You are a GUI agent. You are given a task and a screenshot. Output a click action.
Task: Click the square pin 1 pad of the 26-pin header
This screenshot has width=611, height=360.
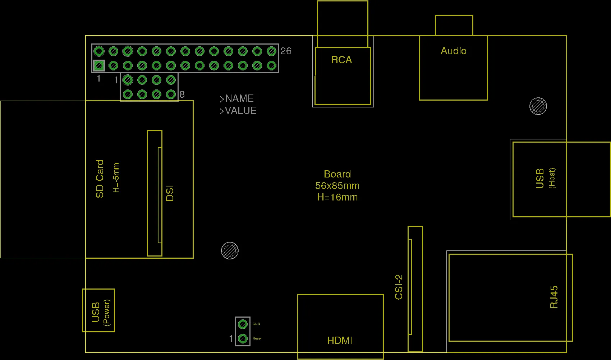point(99,65)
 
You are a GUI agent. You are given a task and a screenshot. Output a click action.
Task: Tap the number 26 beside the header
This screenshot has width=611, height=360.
point(286,51)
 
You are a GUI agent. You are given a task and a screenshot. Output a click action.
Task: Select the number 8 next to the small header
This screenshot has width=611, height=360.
point(182,94)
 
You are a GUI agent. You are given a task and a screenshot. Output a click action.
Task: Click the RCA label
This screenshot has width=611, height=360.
point(341,60)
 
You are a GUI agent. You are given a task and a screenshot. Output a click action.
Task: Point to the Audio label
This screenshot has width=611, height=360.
point(454,51)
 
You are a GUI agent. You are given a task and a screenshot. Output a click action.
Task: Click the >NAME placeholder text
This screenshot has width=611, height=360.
point(237,98)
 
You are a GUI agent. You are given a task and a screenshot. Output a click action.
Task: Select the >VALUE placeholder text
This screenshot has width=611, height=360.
point(238,111)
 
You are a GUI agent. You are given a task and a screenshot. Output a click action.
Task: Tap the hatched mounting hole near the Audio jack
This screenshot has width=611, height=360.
point(538,106)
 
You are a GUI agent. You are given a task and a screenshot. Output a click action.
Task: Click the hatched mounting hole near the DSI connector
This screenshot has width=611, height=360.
point(230,250)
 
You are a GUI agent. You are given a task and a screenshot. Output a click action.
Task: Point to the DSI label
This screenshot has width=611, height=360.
point(170,193)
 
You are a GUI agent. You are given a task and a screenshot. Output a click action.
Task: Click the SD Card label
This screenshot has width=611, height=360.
point(100,179)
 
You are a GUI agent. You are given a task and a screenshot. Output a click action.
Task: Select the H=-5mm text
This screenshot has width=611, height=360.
point(116,178)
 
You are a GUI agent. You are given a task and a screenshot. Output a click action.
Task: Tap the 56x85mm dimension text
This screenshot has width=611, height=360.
point(337,186)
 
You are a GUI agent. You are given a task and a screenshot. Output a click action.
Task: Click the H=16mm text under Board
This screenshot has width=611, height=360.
point(337,197)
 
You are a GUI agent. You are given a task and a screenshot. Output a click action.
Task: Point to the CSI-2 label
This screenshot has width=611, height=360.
point(399,287)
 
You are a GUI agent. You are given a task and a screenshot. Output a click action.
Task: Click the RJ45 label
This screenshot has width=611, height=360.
point(554,297)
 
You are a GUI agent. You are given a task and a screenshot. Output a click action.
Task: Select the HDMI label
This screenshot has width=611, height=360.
point(340,340)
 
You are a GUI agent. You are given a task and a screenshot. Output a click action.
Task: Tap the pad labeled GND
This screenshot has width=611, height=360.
point(243,324)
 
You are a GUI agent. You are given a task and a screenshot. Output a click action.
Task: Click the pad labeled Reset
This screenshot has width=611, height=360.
point(243,338)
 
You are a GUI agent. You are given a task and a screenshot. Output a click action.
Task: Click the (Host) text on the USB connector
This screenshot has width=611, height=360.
point(552,178)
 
